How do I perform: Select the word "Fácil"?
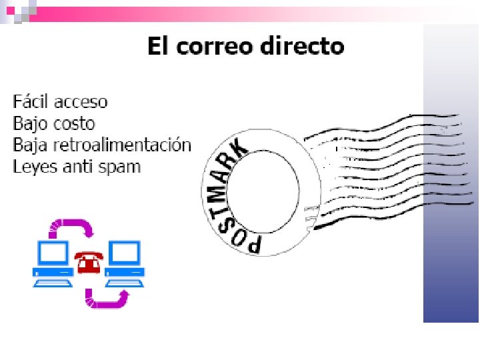31,101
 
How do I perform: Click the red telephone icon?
87,263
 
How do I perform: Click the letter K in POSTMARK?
239,148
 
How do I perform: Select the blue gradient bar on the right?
451,200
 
